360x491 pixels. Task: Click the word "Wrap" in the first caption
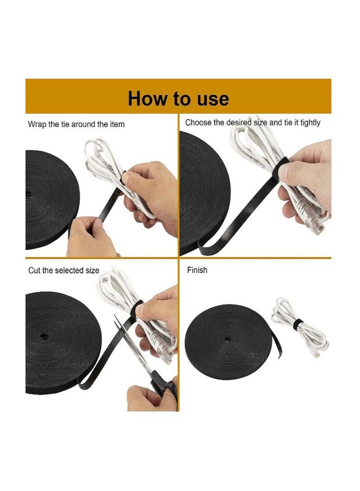(x=37, y=125)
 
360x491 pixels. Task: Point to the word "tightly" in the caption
(x=310, y=123)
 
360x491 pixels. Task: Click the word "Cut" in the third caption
(x=34, y=270)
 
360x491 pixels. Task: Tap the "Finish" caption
(x=197, y=270)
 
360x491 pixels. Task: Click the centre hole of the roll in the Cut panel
(x=44, y=336)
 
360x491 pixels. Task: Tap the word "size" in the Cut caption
(x=92, y=270)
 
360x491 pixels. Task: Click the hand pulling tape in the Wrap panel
(x=91, y=236)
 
